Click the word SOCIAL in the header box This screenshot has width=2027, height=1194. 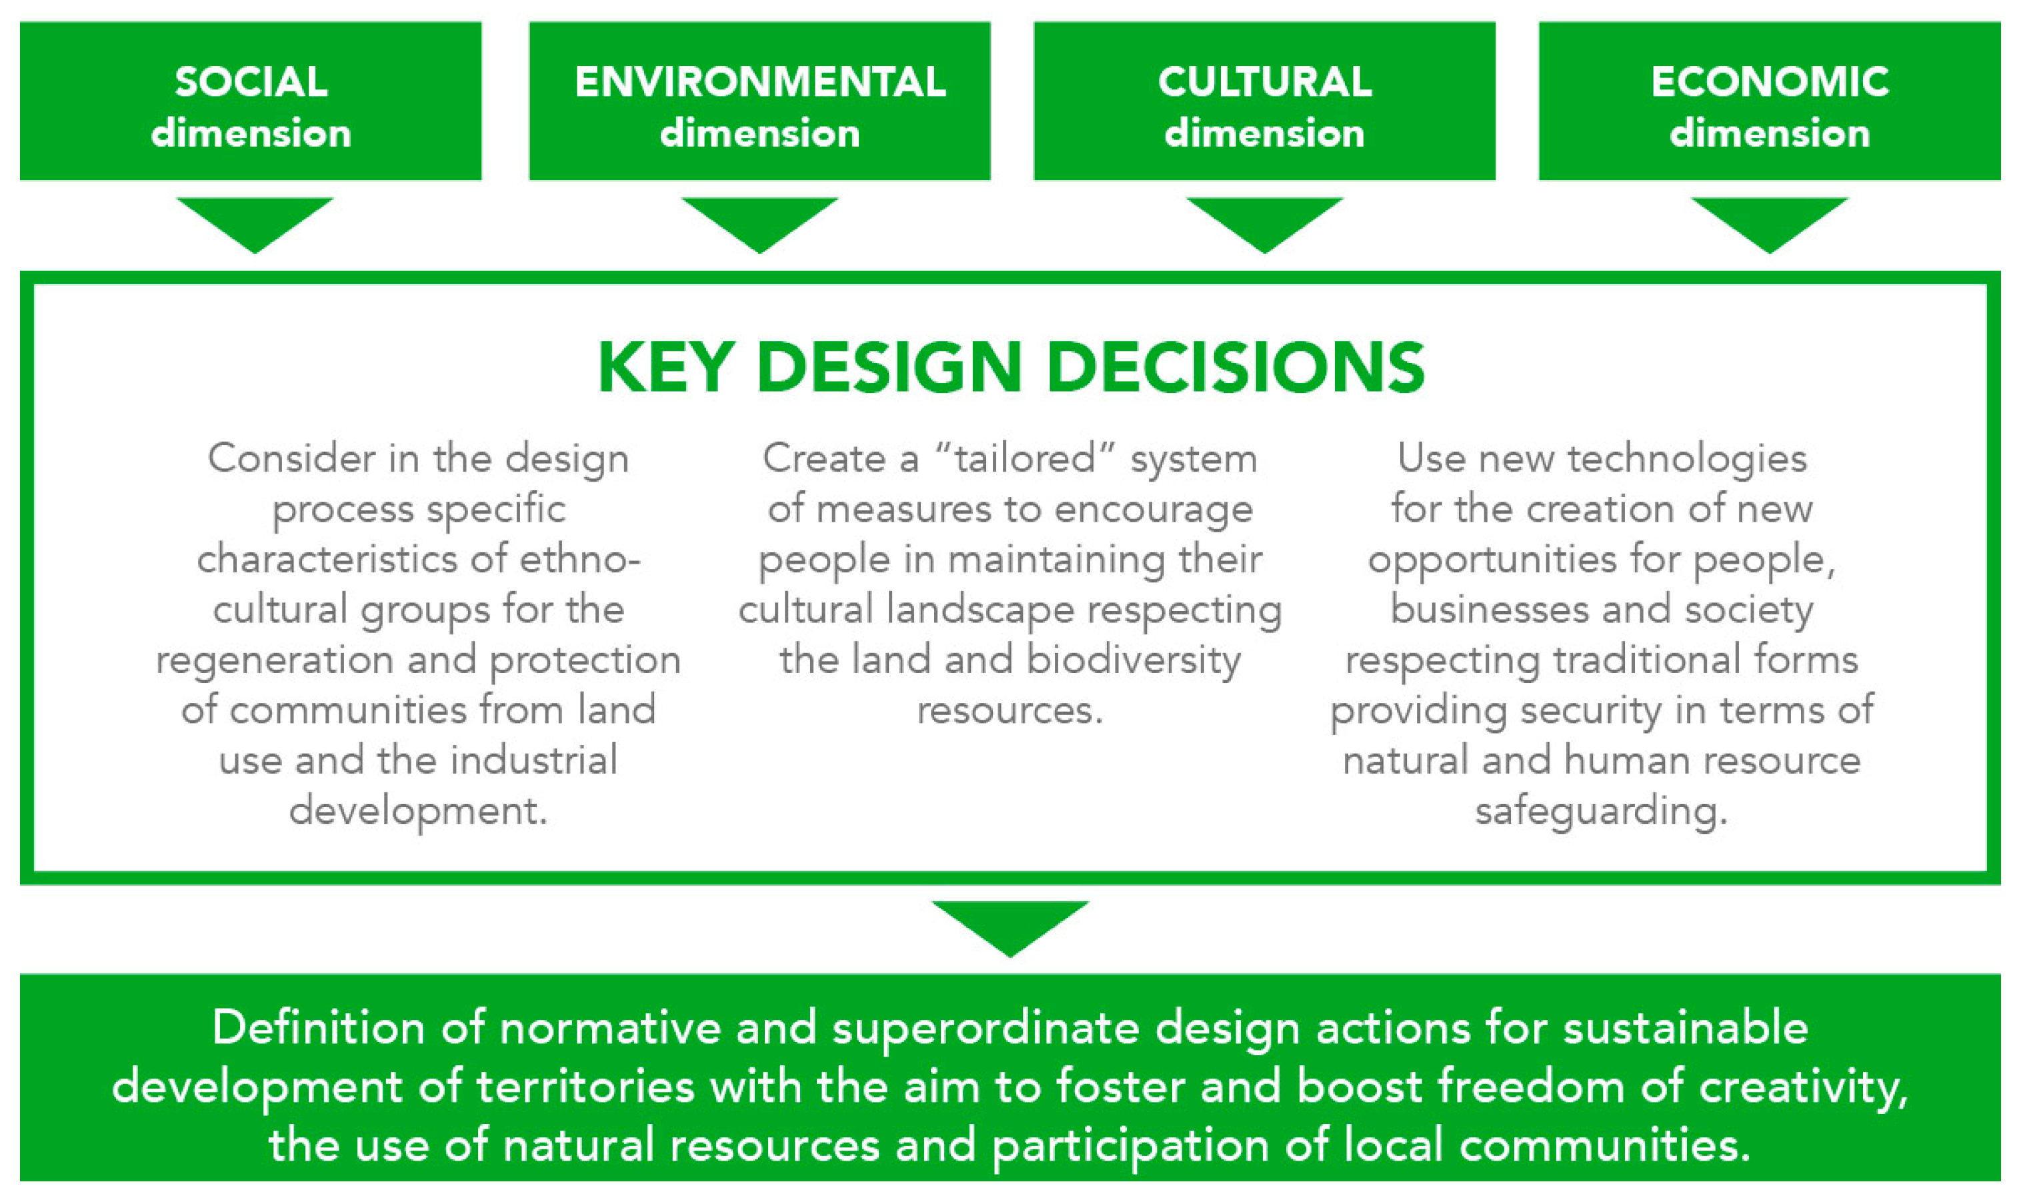[251, 81]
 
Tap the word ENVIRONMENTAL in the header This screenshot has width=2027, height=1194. [760, 81]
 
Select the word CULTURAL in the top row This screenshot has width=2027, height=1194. [1264, 81]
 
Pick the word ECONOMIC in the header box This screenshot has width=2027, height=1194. [1770, 81]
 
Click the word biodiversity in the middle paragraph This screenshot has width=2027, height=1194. [1134, 660]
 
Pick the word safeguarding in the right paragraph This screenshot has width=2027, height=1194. [1601, 811]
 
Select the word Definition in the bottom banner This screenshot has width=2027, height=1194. [318, 1029]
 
